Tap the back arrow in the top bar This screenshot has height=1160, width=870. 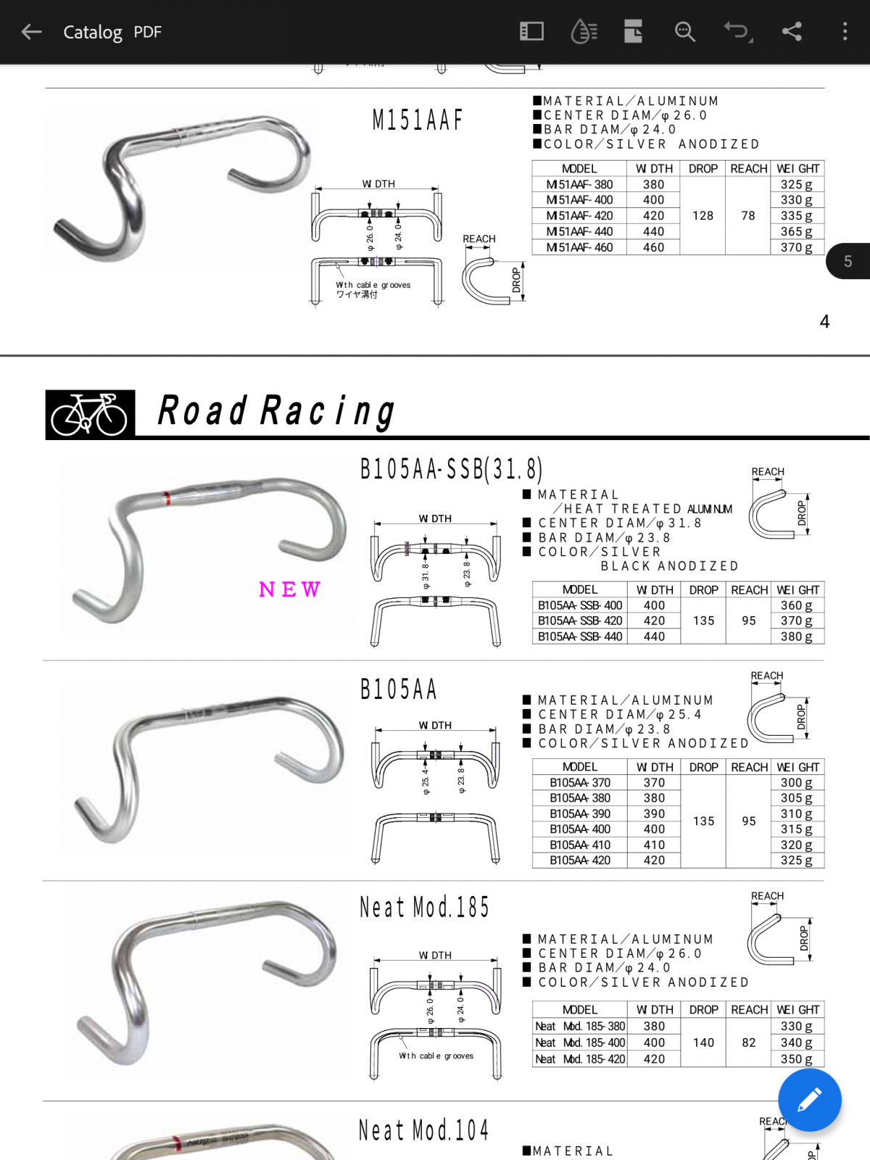[31, 32]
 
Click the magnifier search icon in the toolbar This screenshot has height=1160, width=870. [684, 32]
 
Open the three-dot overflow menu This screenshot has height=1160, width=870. [845, 32]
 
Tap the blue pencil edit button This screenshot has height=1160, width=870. [809, 1100]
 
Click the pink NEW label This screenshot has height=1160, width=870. [289, 589]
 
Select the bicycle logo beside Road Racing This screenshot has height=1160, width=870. [90, 414]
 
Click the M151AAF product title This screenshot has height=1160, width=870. [418, 120]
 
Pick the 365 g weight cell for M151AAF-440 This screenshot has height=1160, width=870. [797, 231]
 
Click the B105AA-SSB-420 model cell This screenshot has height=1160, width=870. [579, 621]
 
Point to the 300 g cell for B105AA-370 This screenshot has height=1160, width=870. [797, 782]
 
